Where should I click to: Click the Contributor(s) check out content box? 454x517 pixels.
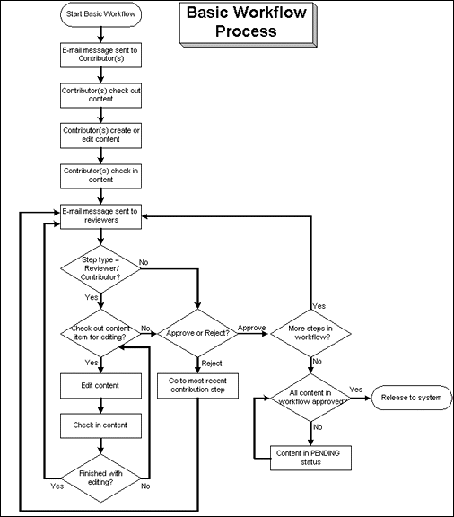(x=100, y=95)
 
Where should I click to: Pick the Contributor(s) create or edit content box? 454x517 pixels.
(x=100, y=134)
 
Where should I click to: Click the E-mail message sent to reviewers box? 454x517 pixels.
(x=100, y=215)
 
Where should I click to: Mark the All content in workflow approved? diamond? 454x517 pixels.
(x=310, y=396)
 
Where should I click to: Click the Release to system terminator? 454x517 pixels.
(x=404, y=396)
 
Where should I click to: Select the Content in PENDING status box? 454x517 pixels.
(x=310, y=457)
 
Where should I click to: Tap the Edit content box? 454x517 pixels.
(x=100, y=386)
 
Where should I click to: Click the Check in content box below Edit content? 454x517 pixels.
(x=100, y=425)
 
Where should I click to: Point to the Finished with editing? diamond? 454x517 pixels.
(x=100, y=476)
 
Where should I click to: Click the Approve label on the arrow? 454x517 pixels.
(x=252, y=329)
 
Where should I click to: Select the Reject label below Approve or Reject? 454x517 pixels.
(x=212, y=363)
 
